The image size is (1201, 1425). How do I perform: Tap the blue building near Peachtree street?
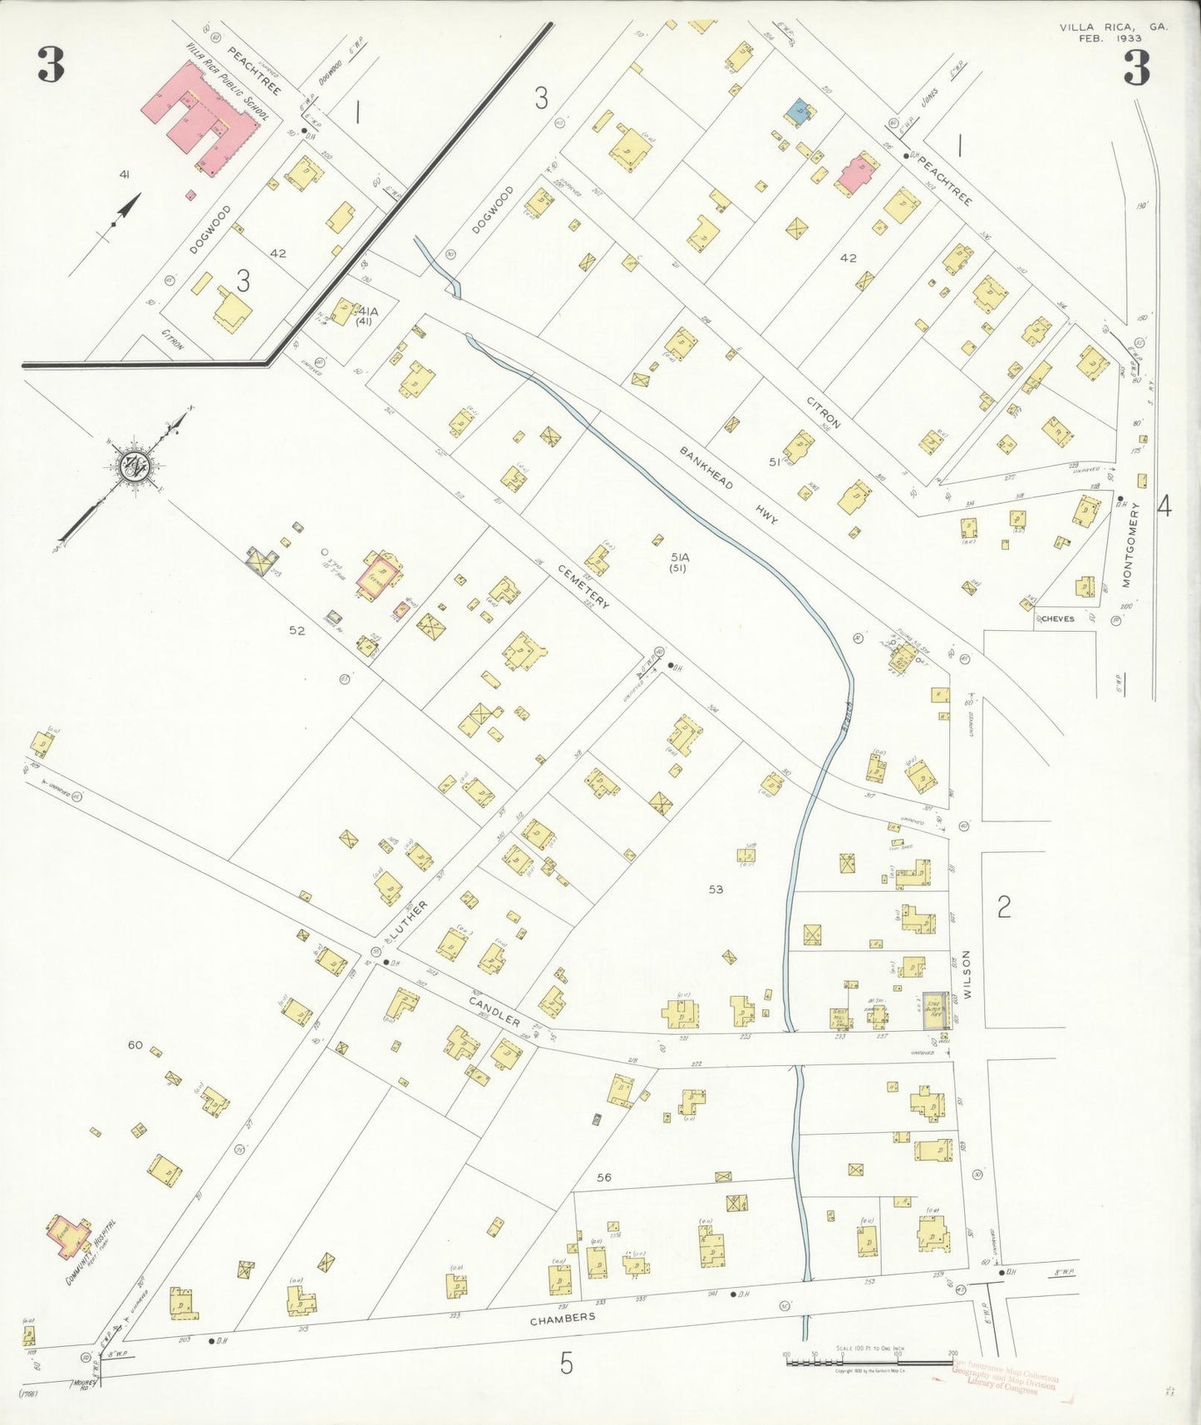click(798, 111)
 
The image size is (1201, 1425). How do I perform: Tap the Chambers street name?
click(563, 1317)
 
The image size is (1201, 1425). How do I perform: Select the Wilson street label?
click(967, 974)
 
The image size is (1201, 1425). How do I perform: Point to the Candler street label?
click(494, 1010)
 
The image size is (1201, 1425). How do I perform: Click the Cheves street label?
click(1057, 619)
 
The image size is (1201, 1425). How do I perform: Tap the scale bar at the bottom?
click(869, 1363)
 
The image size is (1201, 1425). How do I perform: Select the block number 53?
click(716, 890)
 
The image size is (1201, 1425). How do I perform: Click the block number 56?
click(603, 1177)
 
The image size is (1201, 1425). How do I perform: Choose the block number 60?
click(135, 1044)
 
